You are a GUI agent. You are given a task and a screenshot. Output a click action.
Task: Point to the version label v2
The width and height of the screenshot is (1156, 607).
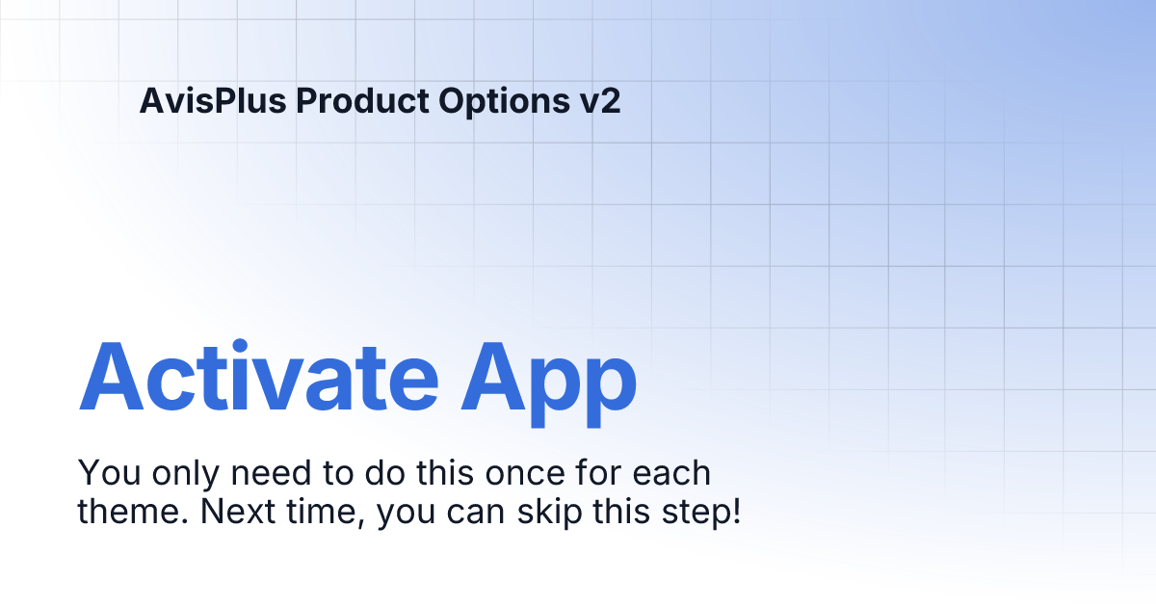[x=600, y=101]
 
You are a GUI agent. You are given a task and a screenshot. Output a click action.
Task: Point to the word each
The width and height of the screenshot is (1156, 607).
[x=672, y=474]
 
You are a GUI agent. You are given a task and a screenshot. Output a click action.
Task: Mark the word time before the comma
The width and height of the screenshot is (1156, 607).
[x=320, y=512]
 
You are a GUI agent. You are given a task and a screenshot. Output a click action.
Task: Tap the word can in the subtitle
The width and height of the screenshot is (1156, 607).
[x=476, y=512]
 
